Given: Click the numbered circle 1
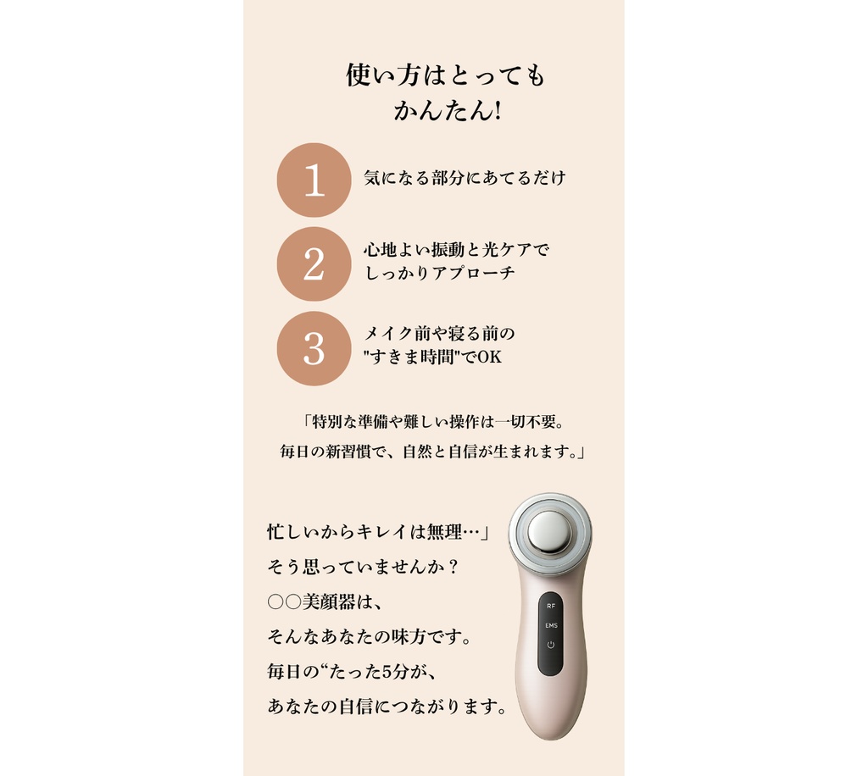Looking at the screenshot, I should pyautogui.click(x=314, y=180).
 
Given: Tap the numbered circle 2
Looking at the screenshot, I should pyautogui.click(x=314, y=263).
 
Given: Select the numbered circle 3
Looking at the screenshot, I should pyautogui.click(x=314, y=348).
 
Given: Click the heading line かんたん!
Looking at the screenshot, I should pyautogui.click(x=447, y=110).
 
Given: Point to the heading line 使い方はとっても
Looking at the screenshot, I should pyautogui.click(x=446, y=76).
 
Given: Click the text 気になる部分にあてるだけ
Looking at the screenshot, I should pyautogui.click(x=464, y=178).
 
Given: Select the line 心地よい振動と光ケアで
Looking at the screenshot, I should pyautogui.click(x=456, y=250).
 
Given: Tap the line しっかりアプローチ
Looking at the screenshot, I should pyautogui.click(x=439, y=274).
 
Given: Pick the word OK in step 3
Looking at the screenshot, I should pyautogui.click(x=489, y=357).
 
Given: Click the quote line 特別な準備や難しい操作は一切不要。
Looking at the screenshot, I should pyautogui.click(x=433, y=421).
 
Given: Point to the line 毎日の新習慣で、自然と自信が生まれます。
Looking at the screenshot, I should pyautogui.click(x=433, y=452).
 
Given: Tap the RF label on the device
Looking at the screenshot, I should pyautogui.click(x=550, y=607).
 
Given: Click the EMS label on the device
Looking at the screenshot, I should pyautogui.click(x=551, y=625).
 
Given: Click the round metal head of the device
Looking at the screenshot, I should pyautogui.click(x=549, y=532).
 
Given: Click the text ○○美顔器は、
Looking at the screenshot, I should pyautogui.click(x=325, y=601).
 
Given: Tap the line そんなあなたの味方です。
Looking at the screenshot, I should pyautogui.click(x=369, y=636).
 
